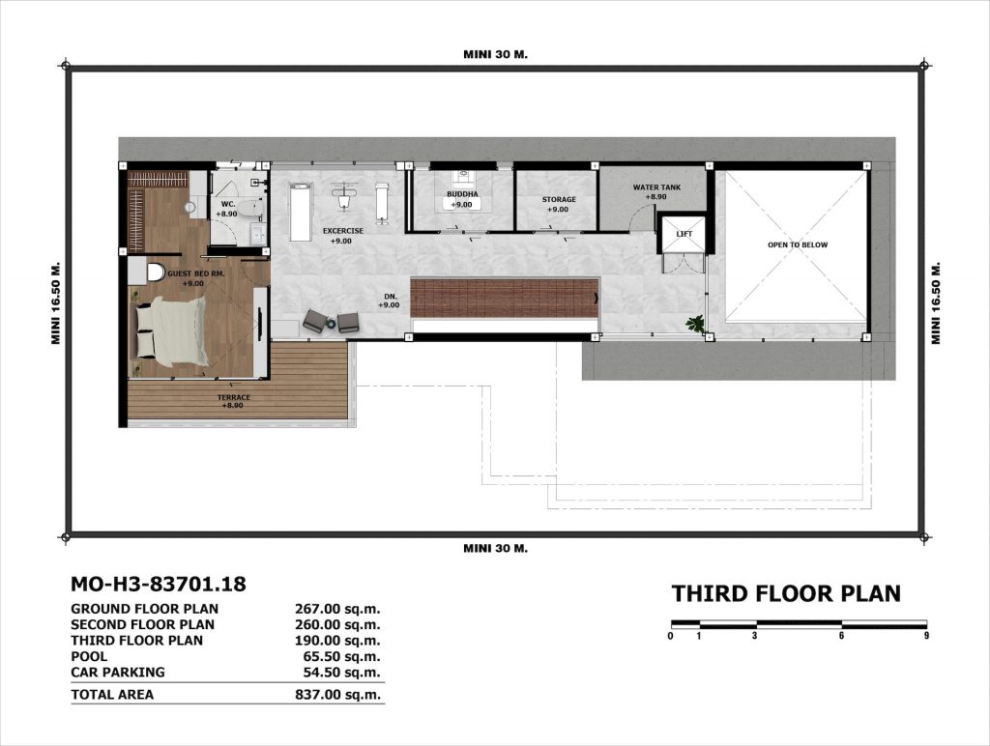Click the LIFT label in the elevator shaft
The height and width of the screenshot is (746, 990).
(684, 234)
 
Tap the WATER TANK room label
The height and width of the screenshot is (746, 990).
(656, 187)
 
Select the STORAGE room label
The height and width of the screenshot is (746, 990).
(559, 200)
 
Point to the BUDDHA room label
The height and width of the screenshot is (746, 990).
(462, 194)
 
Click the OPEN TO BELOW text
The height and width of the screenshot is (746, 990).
(798, 244)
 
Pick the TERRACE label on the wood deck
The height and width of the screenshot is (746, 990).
(234, 397)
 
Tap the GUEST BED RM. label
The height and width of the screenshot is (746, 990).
(195, 273)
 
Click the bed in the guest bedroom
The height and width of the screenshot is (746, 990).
(170, 330)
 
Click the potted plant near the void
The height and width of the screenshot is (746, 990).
(695, 324)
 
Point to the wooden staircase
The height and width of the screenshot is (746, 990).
(505, 298)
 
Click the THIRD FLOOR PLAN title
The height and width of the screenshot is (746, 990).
(786, 594)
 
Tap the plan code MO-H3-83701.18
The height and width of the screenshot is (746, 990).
(159, 584)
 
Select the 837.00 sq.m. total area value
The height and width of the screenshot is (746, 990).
(337, 695)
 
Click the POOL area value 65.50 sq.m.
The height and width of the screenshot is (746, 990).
(341, 656)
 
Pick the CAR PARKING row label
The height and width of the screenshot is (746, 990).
(117, 673)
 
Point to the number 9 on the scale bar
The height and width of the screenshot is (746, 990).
(926, 636)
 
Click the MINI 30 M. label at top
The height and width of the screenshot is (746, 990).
(496, 54)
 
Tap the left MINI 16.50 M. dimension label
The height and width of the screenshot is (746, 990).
(55, 302)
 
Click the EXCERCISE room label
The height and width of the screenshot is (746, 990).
(343, 231)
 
